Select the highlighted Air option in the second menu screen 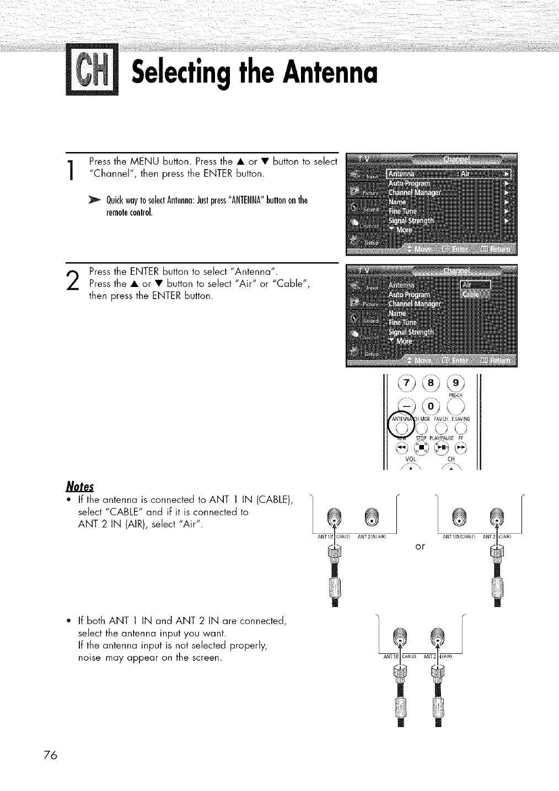click(475, 285)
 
